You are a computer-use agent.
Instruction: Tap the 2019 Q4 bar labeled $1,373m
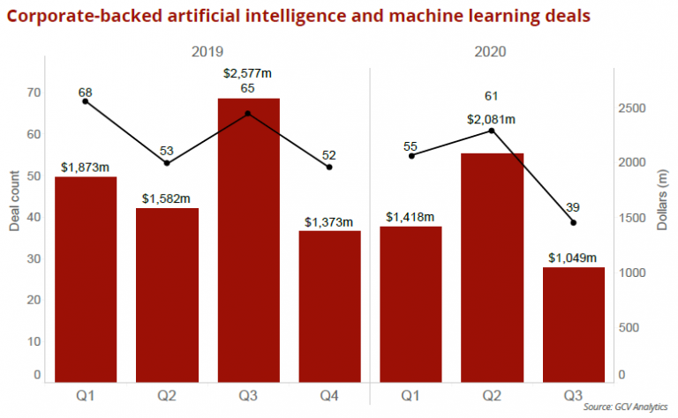(329, 305)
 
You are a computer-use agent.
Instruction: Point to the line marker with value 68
(86, 101)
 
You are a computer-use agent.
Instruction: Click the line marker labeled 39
(573, 222)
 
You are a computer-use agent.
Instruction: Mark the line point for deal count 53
(167, 163)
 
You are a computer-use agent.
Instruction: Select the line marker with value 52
(329, 167)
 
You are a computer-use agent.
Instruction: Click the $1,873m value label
(86, 167)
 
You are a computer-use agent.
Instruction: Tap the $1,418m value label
(411, 217)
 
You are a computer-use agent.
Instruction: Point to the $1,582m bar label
(167, 198)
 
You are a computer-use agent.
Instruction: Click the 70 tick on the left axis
(34, 93)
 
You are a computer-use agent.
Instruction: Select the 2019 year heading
(207, 52)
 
